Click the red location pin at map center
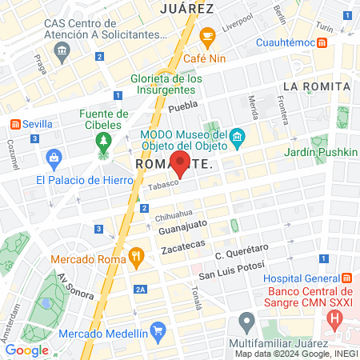(x=180, y=165)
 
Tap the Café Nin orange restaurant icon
(x=207, y=36)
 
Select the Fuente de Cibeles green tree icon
(x=103, y=142)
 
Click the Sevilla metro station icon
(x=14, y=124)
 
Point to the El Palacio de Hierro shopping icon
(x=54, y=157)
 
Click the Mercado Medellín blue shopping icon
(x=158, y=330)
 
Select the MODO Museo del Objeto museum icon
(x=237, y=141)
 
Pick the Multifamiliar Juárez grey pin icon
(x=246, y=323)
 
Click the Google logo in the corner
(x=26, y=350)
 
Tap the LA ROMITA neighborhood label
(x=317, y=86)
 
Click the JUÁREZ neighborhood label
(x=186, y=9)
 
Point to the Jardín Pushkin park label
(x=318, y=151)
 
